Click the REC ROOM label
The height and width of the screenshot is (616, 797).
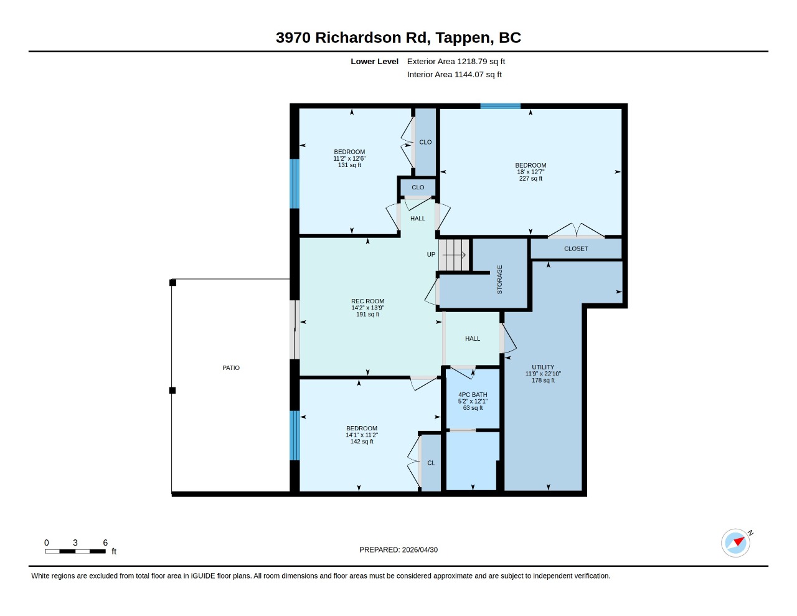tap(367, 301)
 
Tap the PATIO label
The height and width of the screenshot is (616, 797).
tap(231, 367)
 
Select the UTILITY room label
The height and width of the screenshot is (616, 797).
tap(543, 367)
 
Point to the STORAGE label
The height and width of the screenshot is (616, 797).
tap(499, 280)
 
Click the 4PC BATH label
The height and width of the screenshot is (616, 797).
tap(473, 394)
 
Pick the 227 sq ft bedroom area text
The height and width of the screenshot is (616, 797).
tap(531, 178)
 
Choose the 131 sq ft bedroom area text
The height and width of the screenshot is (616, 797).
tap(349, 165)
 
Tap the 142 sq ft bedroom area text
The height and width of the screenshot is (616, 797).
tap(362, 442)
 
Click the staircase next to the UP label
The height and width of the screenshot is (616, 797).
tap(454, 255)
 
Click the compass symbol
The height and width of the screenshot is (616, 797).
tap(735, 543)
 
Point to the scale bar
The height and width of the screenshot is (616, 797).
tap(75, 551)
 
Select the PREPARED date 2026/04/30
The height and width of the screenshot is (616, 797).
tap(420, 549)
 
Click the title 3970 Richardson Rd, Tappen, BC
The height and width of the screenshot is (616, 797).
tap(398, 37)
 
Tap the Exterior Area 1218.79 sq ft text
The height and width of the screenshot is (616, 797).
tap(456, 61)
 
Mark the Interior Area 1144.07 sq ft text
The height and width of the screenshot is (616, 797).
tap(455, 75)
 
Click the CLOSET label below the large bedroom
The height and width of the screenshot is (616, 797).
tap(576, 249)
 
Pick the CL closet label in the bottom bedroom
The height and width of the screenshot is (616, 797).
tap(431, 463)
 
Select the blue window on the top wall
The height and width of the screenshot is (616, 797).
tap(500, 107)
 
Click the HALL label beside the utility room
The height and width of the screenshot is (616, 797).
tap(473, 339)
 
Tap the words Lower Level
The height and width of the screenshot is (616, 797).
tap(374, 61)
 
